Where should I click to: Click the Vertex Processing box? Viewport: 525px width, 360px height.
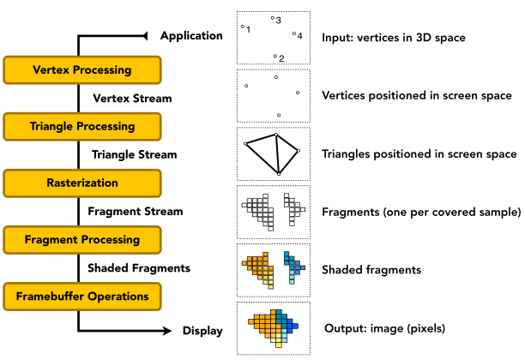click(81, 69)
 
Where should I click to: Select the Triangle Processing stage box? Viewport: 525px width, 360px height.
click(81, 126)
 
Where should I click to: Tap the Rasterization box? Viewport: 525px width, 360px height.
click(81, 183)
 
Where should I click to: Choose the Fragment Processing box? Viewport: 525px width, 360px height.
click(81, 239)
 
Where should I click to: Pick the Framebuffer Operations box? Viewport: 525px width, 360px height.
click(81, 296)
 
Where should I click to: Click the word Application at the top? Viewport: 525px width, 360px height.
click(191, 35)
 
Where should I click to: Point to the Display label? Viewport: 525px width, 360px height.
click(202, 330)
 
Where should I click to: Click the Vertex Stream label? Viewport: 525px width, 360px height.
click(131, 98)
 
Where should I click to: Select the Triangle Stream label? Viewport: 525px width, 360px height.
click(134, 154)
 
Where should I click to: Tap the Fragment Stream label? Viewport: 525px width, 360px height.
click(131, 211)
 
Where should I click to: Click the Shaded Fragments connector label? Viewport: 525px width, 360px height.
click(138, 267)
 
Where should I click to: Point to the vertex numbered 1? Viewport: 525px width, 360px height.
click(243, 27)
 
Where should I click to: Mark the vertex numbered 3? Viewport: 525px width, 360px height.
click(273, 17)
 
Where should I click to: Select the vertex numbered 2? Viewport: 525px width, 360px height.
click(275, 57)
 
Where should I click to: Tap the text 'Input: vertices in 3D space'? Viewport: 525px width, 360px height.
click(393, 38)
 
